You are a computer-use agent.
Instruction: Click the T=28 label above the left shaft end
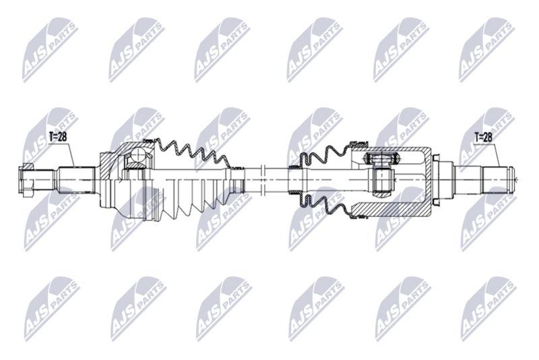59,138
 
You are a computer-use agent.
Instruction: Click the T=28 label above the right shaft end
484,138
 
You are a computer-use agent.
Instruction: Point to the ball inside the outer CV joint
137,156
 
